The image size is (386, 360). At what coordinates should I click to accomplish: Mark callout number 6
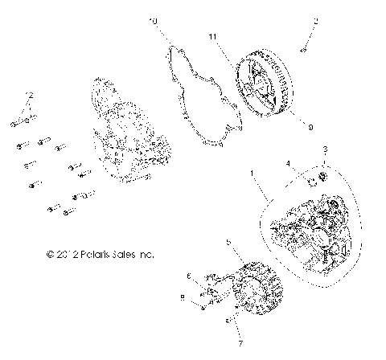tap(188, 275)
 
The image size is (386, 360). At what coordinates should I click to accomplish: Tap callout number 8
tap(183, 297)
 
